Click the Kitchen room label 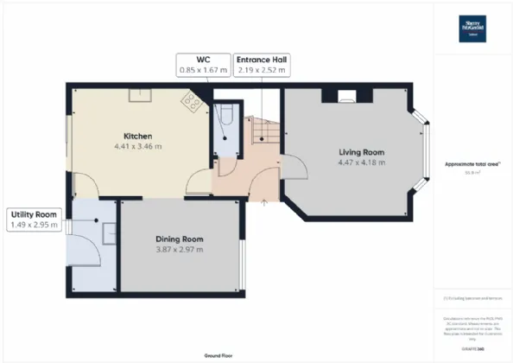coord(138,137)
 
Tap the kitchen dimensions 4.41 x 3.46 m coord(138,147)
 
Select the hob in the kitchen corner coord(191,103)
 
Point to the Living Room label coord(361,152)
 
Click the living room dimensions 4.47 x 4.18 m coord(361,162)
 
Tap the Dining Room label coord(180,239)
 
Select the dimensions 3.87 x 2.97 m coord(180,250)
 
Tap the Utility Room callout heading coord(34,213)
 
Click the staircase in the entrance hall coord(263,132)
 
